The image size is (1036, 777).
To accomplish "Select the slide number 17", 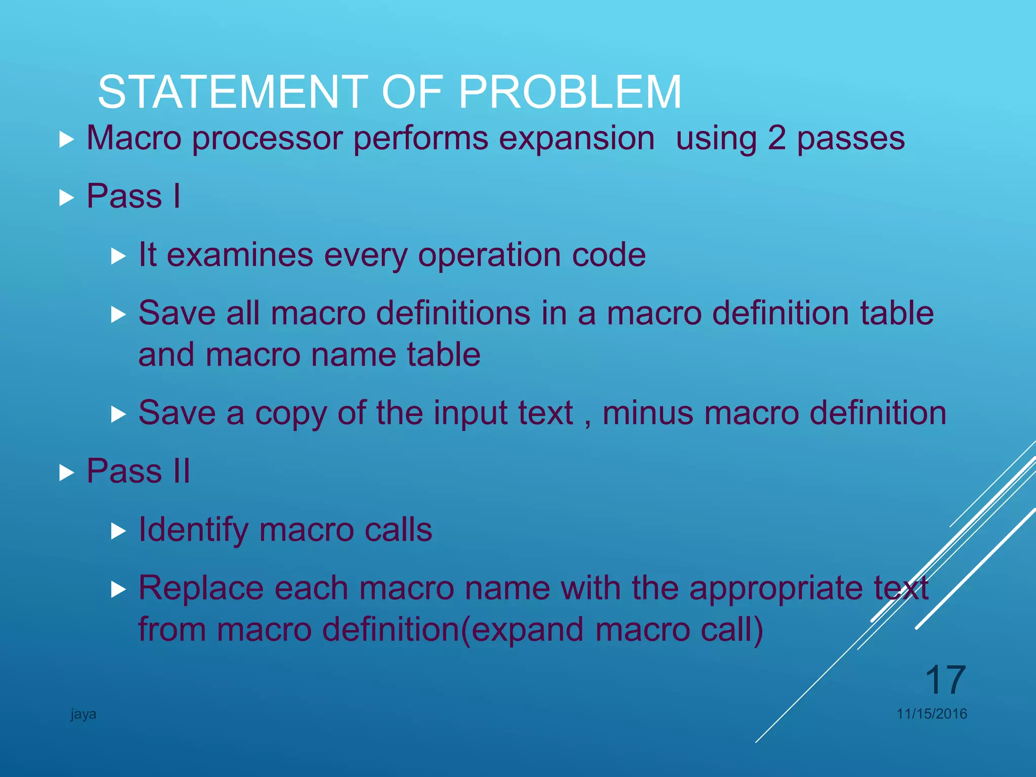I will (945, 680).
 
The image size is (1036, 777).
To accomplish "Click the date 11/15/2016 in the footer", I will (932, 714).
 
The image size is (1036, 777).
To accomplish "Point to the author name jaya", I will (83, 714).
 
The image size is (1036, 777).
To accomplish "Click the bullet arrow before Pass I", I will (66, 198).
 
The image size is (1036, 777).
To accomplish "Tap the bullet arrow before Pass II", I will (66, 473).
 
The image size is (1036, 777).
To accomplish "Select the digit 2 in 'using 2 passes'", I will (776, 138).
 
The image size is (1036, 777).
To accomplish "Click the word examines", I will (240, 255).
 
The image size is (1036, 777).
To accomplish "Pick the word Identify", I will (193, 530).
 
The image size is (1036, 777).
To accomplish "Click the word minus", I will (647, 413).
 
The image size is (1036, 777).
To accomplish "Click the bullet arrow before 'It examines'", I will (118, 256).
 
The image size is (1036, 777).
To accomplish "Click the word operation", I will (489, 255).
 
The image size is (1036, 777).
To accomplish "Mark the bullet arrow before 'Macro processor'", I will (66, 140).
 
